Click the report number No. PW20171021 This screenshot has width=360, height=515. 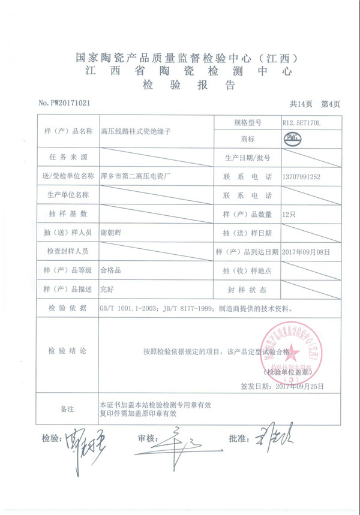tap(64, 103)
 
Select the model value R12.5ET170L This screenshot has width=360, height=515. tap(302, 122)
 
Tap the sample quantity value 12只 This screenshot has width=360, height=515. tap(289, 214)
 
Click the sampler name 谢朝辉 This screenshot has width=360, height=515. tap(113, 232)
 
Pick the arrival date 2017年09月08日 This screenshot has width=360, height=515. tap(305, 251)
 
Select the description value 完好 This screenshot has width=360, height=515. tap(107, 289)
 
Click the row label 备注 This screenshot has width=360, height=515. tap(67, 409)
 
